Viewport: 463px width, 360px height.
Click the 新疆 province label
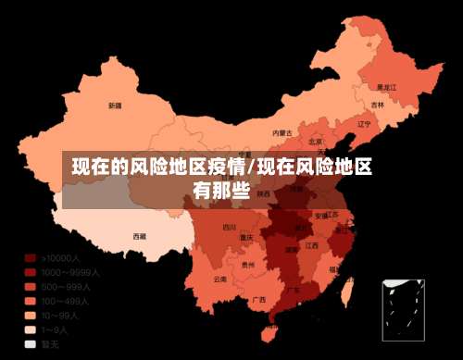(x=115, y=106)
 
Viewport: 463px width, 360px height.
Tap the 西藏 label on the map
(x=139, y=236)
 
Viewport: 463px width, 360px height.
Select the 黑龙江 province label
(x=386, y=87)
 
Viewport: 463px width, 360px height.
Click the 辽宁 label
(x=364, y=123)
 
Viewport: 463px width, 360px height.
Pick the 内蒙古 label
(x=282, y=133)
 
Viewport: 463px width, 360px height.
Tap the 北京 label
(x=316, y=142)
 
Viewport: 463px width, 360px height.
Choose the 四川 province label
(x=229, y=227)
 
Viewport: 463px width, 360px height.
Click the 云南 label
(x=219, y=278)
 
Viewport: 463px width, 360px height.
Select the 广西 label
(x=259, y=299)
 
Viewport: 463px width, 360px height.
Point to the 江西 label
(x=312, y=245)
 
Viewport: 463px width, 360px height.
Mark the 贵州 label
(x=247, y=265)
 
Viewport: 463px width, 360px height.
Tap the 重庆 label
(x=246, y=237)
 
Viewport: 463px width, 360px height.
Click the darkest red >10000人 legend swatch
(x=31, y=259)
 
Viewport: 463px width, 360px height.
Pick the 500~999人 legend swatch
(x=31, y=287)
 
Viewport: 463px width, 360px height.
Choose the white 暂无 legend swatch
(x=31, y=342)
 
